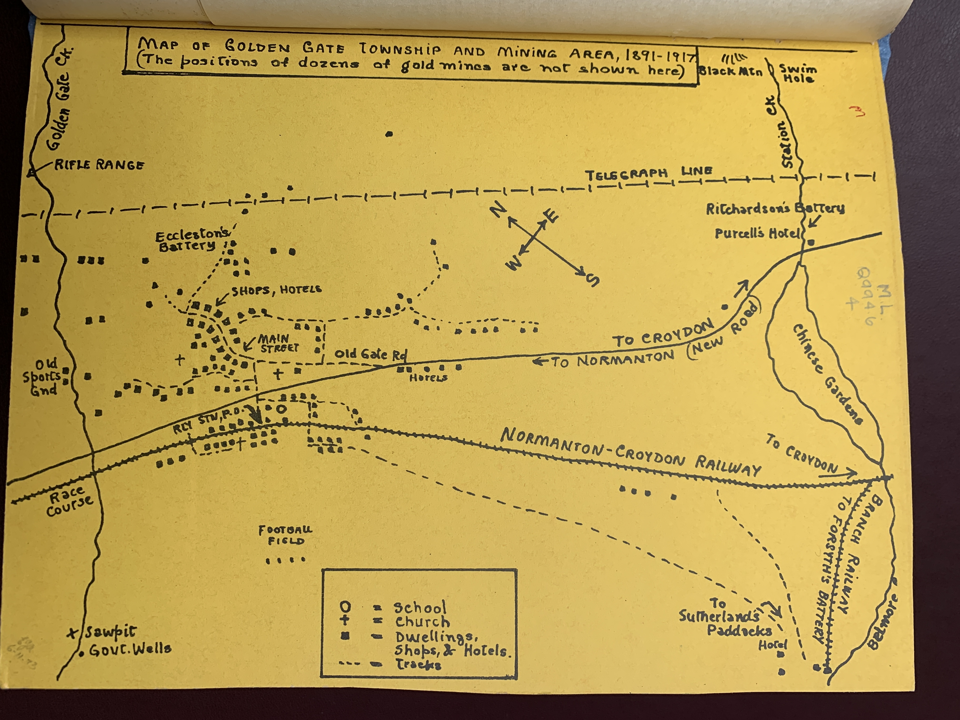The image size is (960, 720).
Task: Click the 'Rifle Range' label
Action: [x=99, y=165]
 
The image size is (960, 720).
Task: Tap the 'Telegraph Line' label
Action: [x=648, y=173]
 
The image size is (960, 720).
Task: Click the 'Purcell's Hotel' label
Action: [x=756, y=234]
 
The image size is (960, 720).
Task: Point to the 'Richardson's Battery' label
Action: [x=775, y=209]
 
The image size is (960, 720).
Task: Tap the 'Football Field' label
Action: [x=285, y=535]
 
